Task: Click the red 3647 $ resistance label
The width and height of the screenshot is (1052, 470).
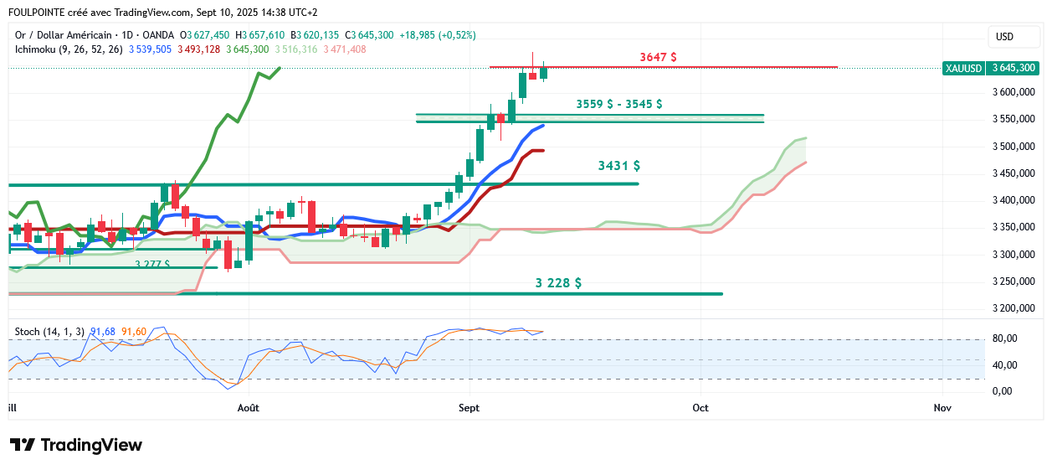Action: pyautogui.click(x=658, y=57)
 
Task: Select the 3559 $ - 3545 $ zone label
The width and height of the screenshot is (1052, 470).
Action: pyautogui.click(x=619, y=104)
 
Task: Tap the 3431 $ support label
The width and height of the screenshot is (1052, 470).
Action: pyautogui.click(x=619, y=166)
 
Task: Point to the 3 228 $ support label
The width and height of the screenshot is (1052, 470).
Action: pyautogui.click(x=558, y=283)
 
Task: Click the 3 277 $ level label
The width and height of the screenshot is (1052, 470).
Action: pyautogui.click(x=152, y=264)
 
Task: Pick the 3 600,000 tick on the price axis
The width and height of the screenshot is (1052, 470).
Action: pyautogui.click(x=1014, y=93)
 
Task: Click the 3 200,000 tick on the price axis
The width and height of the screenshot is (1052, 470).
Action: pyautogui.click(x=1014, y=308)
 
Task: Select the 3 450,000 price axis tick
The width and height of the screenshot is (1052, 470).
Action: pyautogui.click(x=1014, y=173)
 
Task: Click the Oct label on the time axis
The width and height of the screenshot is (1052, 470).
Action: pyautogui.click(x=700, y=408)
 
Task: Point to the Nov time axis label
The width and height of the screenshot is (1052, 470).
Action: pyautogui.click(x=942, y=408)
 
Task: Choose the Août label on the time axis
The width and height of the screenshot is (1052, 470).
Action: pyautogui.click(x=249, y=408)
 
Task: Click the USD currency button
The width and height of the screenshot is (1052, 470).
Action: pyautogui.click(x=1004, y=37)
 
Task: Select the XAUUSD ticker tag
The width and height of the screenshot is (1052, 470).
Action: pyautogui.click(x=962, y=68)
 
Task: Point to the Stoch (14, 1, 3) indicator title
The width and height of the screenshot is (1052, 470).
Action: pyautogui.click(x=49, y=332)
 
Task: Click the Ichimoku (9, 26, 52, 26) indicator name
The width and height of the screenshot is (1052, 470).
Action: pyautogui.click(x=69, y=49)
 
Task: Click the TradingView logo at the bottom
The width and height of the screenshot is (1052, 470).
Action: pyautogui.click(x=75, y=445)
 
